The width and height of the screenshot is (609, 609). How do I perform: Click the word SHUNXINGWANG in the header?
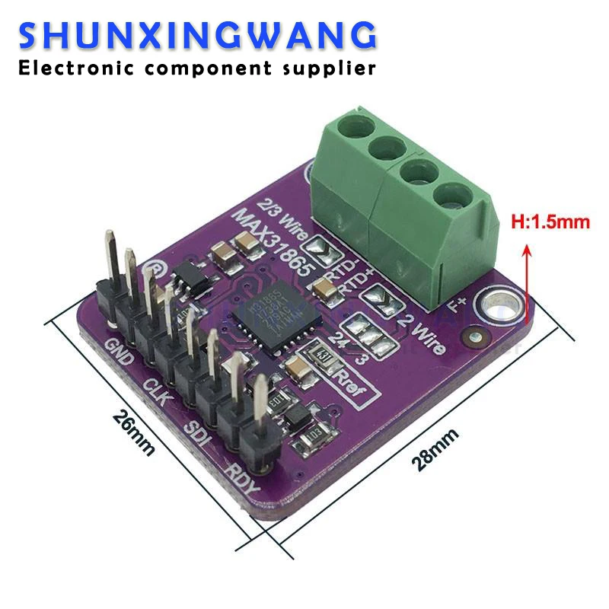tap(197, 36)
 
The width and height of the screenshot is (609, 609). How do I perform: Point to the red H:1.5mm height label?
tap(549, 223)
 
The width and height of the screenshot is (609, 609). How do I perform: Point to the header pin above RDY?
tap(260, 422)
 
